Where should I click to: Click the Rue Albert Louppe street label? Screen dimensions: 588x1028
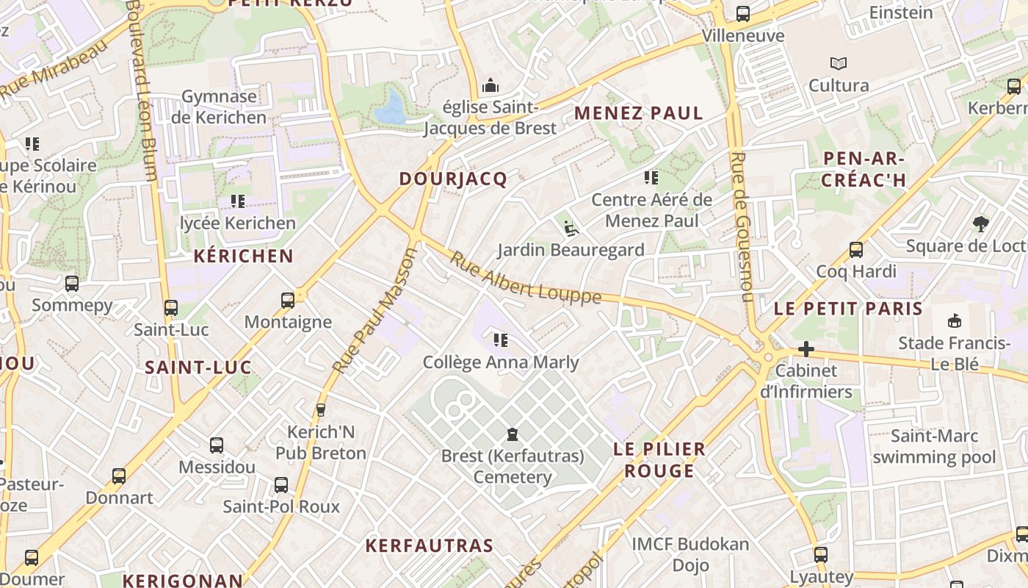[x=525, y=279]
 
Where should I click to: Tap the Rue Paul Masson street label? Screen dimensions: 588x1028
[x=375, y=310]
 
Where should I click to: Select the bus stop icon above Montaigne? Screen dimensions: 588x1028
[x=288, y=300]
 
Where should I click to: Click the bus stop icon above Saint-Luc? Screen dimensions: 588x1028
[x=171, y=308]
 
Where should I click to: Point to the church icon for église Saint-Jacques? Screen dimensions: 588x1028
[x=491, y=86]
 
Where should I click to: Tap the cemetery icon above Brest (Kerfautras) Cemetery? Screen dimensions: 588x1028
[x=513, y=434]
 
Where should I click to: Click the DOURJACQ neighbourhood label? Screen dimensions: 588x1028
[x=453, y=179]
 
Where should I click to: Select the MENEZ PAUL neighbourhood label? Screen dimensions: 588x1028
[x=639, y=113]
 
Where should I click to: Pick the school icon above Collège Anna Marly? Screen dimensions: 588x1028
[x=501, y=340]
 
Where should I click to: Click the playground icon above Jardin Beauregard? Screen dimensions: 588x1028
[x=571, y=229]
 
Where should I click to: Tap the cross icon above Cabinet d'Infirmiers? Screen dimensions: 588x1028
[x=806, y=349]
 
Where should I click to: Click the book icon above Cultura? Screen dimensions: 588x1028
[x=839, y=64]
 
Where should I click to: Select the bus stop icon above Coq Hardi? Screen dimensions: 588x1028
[x=856, y=250]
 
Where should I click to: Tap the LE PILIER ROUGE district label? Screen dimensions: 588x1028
[x=659, y=459]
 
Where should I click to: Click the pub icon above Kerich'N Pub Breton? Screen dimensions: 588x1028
[x=320, y=410]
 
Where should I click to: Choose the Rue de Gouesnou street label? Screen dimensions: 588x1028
[x=743, y=226]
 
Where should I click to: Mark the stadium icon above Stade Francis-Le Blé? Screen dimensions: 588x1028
[x=955, y=320]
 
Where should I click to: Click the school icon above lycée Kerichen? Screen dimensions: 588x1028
[x=237, y=201]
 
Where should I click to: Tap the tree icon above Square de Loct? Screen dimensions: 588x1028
[x=980, y=224]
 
